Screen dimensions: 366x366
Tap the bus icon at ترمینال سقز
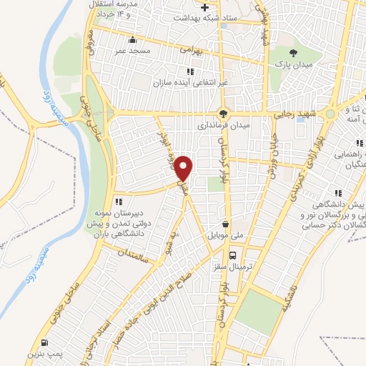click(x=233, y=254)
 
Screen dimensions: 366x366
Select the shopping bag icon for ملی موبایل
click(x=226, y=223)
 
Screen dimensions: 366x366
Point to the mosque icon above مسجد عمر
click(x=131, y=40)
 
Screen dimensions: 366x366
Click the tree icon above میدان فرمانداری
click(x=223, y=113)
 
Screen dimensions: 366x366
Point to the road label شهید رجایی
click(x=292, y=114)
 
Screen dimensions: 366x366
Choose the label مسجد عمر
click(x=132, y=51)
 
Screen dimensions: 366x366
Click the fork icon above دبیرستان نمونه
click(x=119, y=202)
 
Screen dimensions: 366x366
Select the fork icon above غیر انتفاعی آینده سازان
click(x=189, y=71)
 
